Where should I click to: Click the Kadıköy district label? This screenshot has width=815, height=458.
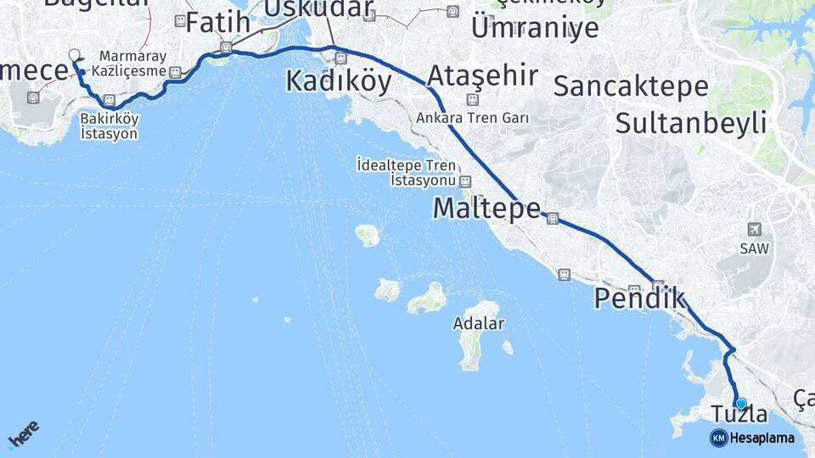click(339, 81)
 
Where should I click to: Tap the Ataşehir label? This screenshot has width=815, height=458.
click(481, 75)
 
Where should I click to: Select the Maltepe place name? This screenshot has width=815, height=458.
click(486, 208)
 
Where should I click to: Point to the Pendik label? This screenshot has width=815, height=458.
click(639, 298)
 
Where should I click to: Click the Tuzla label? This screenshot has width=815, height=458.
click(740, 415)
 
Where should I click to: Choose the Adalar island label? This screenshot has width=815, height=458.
click(479, 323)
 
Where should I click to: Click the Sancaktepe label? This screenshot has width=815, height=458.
click(632, 86)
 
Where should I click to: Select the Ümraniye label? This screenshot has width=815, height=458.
click(534, 27)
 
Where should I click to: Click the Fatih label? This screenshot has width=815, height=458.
click(218, 22)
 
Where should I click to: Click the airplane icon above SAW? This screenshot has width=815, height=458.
click(753, 229)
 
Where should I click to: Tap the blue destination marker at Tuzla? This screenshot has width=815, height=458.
click(741, 404)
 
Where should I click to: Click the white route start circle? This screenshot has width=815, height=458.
click(74, 54)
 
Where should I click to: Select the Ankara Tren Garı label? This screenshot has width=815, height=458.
click(472, 118)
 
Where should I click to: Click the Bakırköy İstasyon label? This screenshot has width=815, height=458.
click(109, 126)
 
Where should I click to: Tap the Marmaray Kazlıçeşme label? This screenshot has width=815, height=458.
click(132, 63)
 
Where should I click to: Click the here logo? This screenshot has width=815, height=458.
click(24, 433)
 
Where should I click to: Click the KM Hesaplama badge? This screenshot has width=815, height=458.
click(752, 438)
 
